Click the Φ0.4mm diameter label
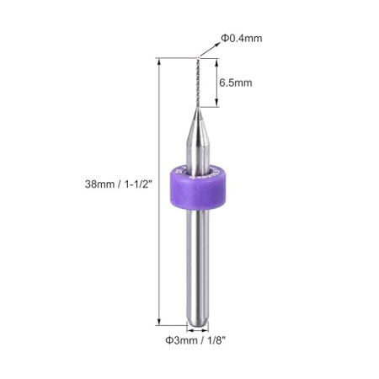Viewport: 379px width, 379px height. [242, 37]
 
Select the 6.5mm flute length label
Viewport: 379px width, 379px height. [237, 83]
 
